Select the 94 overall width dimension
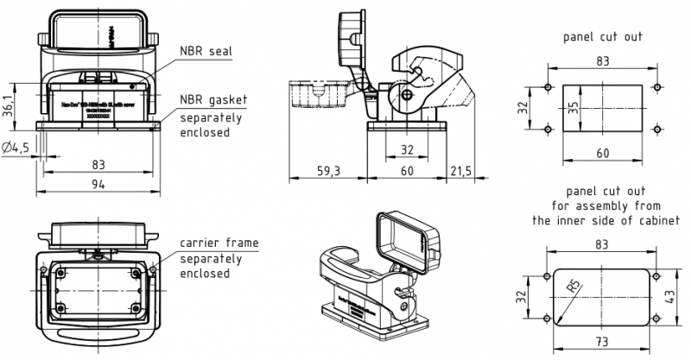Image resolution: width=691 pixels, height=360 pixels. click(x=98, y=184)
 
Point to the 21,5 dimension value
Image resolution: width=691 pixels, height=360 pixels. click(x=460, y=172)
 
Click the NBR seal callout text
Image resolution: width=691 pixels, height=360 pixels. click(x=206, y=51)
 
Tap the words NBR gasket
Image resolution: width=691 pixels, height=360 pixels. click(x=212, y=100)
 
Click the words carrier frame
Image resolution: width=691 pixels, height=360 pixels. click(x=219, y=243)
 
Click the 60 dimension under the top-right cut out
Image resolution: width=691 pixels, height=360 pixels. click(x=602, y=153)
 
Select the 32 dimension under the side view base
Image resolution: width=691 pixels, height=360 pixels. click(x=407, y=150)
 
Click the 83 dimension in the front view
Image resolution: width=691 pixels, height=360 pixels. click(x=98, y=163)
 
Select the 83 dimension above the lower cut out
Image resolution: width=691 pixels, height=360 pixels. click(x=602, y=244)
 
